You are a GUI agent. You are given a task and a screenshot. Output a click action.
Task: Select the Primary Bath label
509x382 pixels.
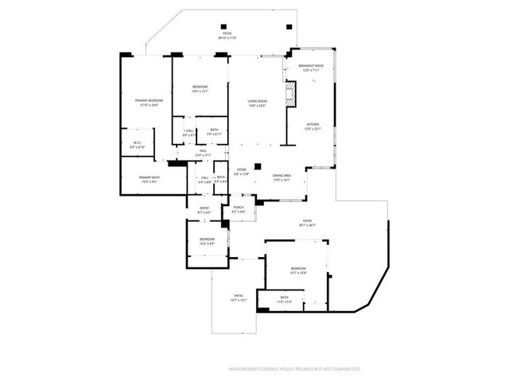click(x=150, y=179)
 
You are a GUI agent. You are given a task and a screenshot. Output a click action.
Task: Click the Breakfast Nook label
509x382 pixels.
click(x=311, y=68)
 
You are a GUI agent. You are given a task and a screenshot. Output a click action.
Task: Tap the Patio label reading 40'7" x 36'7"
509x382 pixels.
click(x=307, y=223)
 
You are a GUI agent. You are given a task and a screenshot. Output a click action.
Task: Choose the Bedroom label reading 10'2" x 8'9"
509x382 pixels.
click(x=207, y=240)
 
